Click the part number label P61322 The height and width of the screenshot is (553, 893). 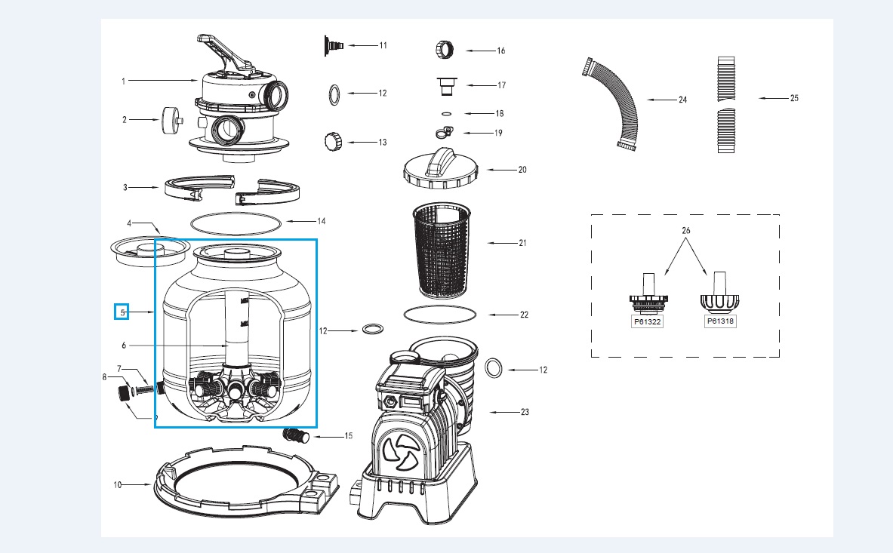pos(646,321)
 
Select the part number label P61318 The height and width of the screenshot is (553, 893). pos(720,321)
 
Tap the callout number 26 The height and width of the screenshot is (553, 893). pos(685,229)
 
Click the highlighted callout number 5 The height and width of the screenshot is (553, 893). pos(122,311)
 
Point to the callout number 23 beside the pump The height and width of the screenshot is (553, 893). pos(525,412)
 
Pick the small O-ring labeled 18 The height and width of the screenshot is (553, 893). pos(445,114)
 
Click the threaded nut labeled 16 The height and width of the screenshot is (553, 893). pos(443,51)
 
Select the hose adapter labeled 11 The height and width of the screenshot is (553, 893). pos(332,46)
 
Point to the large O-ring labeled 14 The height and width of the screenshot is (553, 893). pos(236,223)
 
